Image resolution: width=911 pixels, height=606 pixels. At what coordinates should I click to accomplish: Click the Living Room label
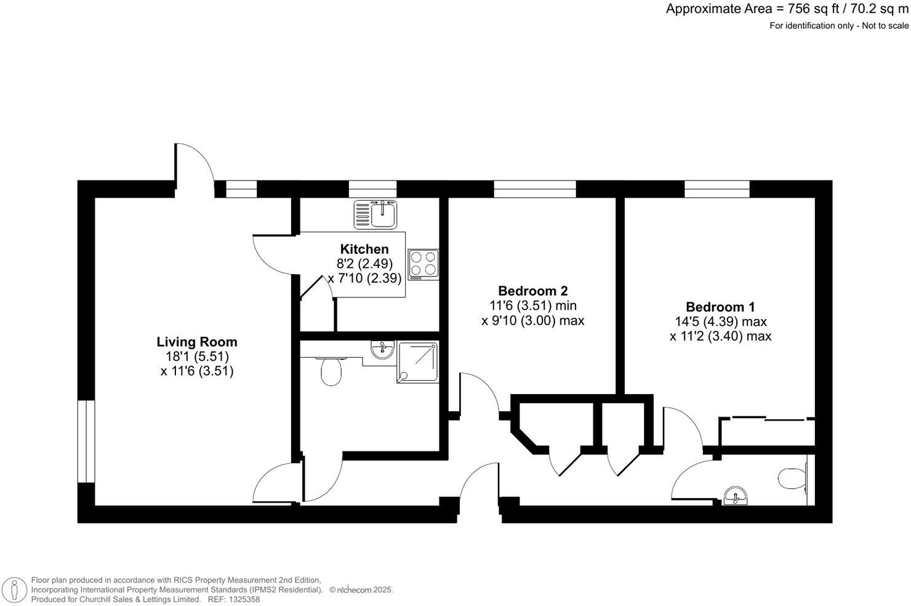pos(196,342)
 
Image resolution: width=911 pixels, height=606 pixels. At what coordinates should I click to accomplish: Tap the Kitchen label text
pos(364,249)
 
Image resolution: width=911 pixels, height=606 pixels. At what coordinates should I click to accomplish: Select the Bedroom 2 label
pos(532,291)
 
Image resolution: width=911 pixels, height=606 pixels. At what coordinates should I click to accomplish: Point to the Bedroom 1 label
pos(720,307)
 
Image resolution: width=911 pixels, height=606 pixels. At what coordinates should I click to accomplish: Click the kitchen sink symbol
pos(375,214)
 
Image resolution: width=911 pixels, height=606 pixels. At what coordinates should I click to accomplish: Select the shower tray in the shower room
pos(419,362)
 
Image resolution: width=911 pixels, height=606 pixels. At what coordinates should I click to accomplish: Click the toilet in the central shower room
pos(331,371)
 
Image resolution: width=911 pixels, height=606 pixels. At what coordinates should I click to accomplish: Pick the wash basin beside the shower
pos(383,350)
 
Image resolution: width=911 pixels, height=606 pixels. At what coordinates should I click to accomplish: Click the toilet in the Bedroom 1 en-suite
pos(792,478)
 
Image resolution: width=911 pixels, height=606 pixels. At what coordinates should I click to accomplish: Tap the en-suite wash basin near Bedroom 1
pos(736,496)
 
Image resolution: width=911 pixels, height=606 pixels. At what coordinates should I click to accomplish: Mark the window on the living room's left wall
pos(86,441)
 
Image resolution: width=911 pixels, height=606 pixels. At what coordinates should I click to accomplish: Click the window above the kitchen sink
pos(372,188)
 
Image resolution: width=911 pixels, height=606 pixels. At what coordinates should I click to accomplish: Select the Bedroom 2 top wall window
pos(534,188)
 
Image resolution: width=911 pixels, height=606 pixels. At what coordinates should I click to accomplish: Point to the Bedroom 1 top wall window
pos(717,188)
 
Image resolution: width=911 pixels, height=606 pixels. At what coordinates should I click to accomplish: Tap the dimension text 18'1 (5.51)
pos(196,357)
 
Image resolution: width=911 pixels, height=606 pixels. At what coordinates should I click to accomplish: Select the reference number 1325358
pos(243,599)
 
